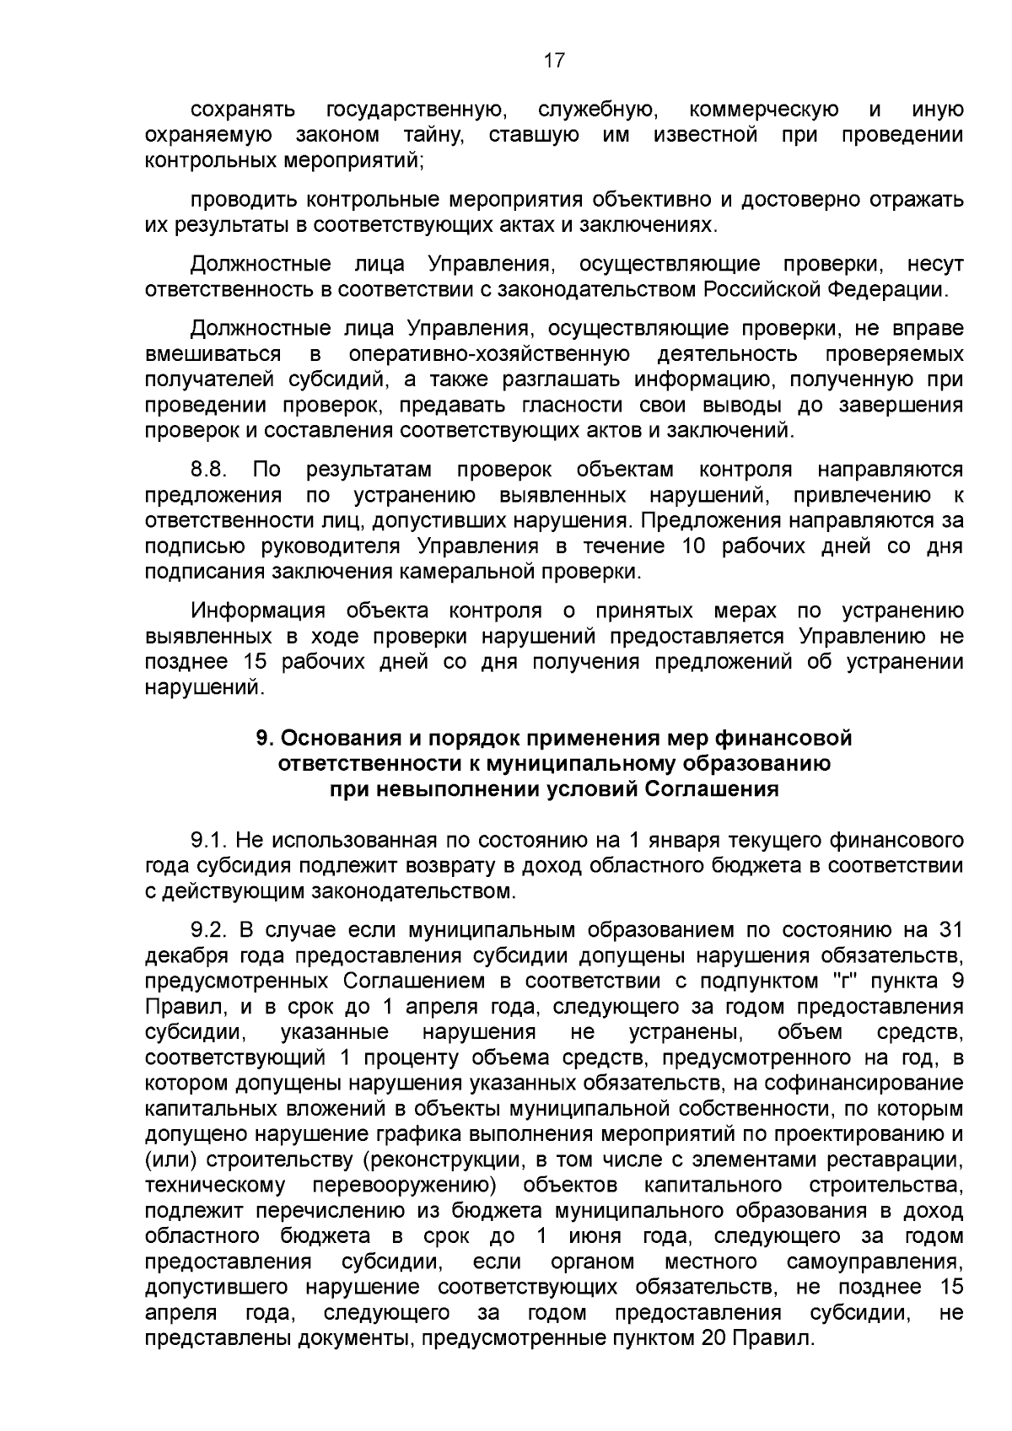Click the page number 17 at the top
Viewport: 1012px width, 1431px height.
(553, 60)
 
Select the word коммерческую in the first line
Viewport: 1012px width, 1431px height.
(763, 110)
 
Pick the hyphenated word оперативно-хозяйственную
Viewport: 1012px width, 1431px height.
(489, 353)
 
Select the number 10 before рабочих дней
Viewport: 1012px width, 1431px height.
(693, 546)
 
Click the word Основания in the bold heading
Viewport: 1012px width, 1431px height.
(340, 739)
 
